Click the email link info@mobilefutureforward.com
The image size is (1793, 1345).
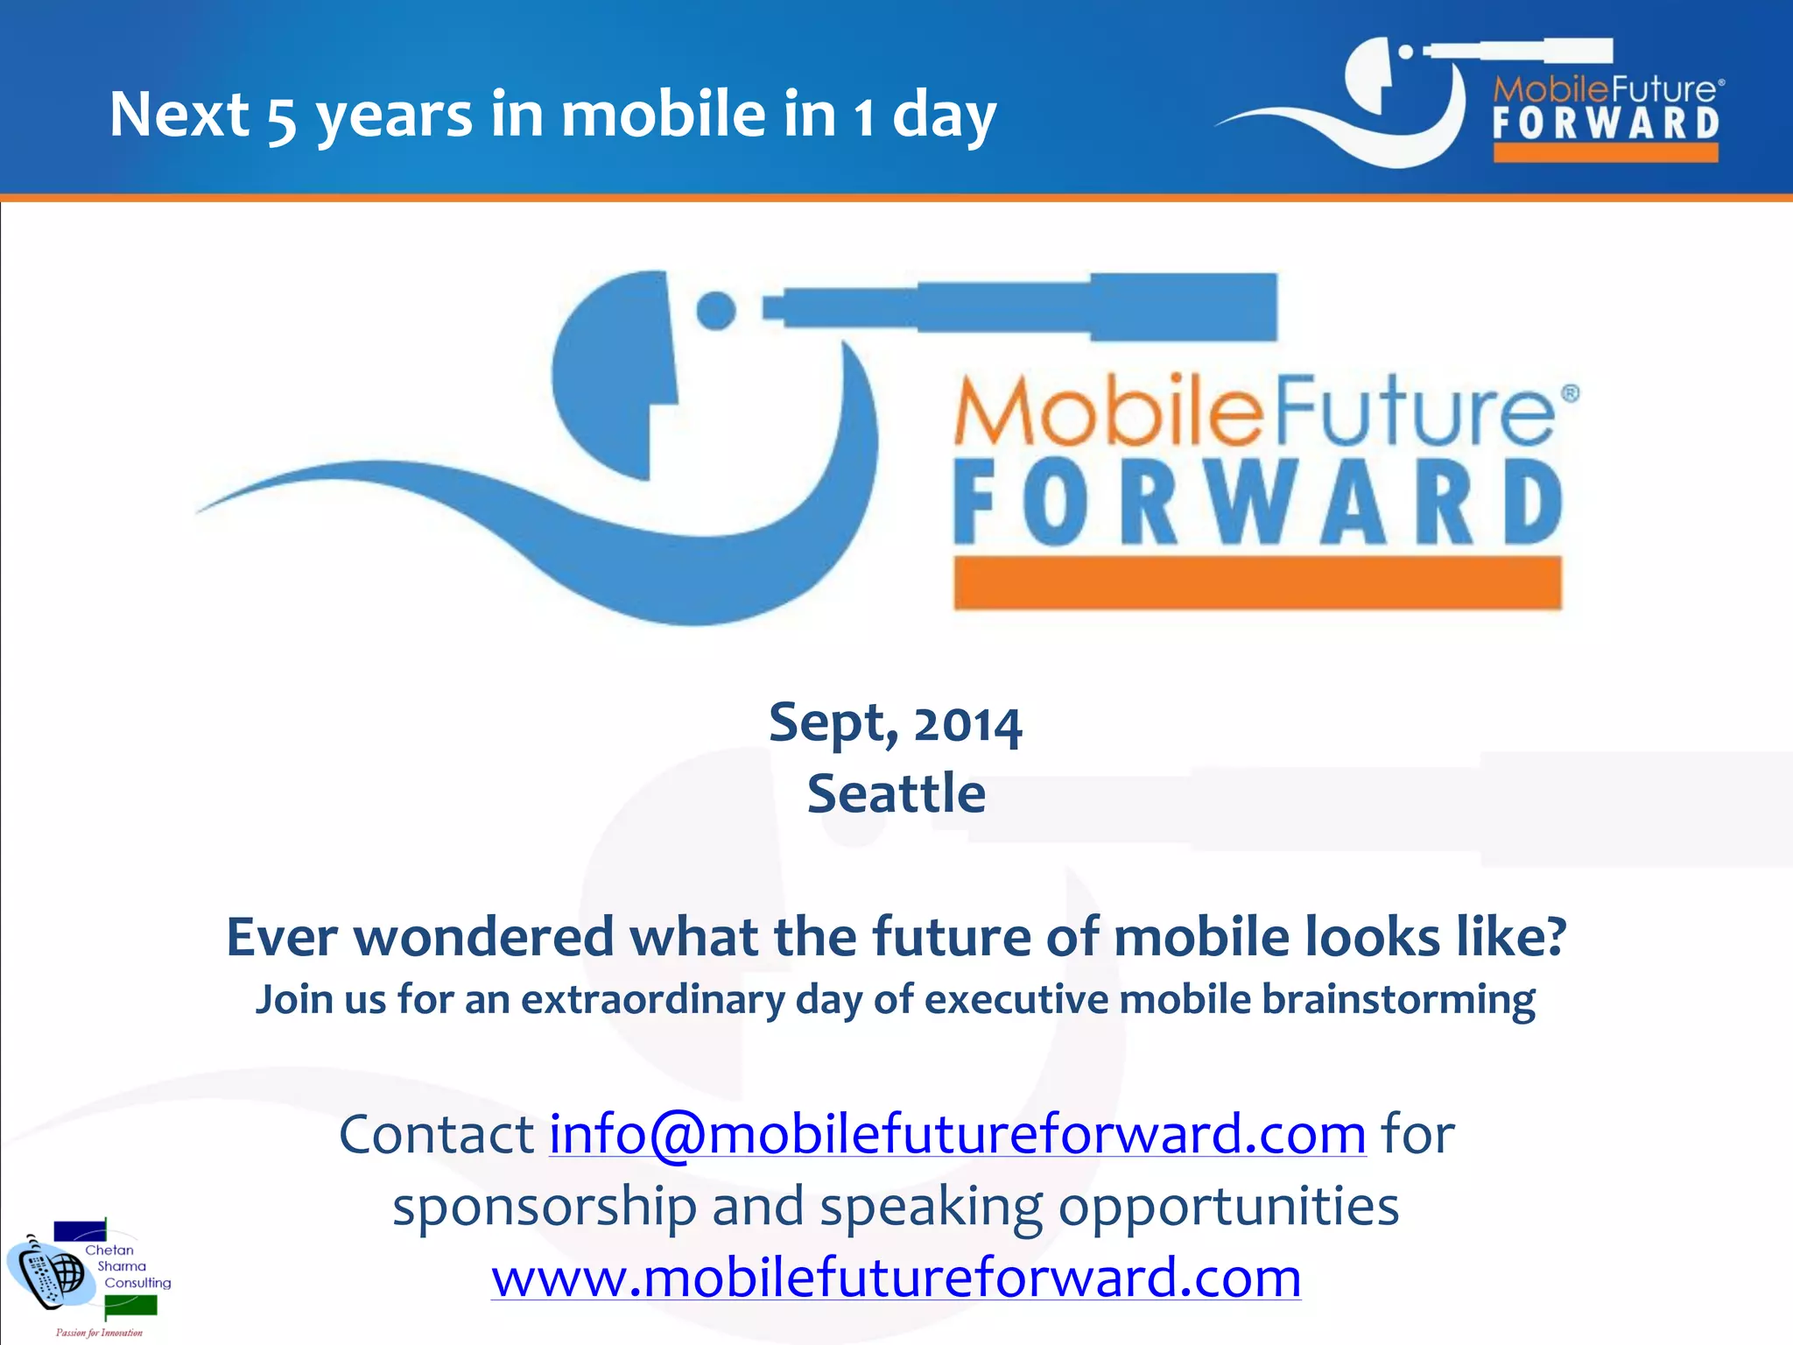coord(957,1135)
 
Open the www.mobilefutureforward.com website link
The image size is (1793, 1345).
coord(896,1278)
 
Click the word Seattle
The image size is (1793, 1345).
coord(896,793)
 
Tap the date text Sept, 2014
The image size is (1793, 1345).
coord(895,723)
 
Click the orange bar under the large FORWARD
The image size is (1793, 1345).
coord(1257,582)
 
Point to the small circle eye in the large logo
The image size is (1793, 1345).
coord(716,311)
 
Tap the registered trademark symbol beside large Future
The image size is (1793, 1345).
coord(1570,393)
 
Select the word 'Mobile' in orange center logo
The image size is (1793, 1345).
coord(1107,412)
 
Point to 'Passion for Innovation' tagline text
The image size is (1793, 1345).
coord(99,1333)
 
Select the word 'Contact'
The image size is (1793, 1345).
coord(436,1135)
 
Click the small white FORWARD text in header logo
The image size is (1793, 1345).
coord(1606,123)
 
